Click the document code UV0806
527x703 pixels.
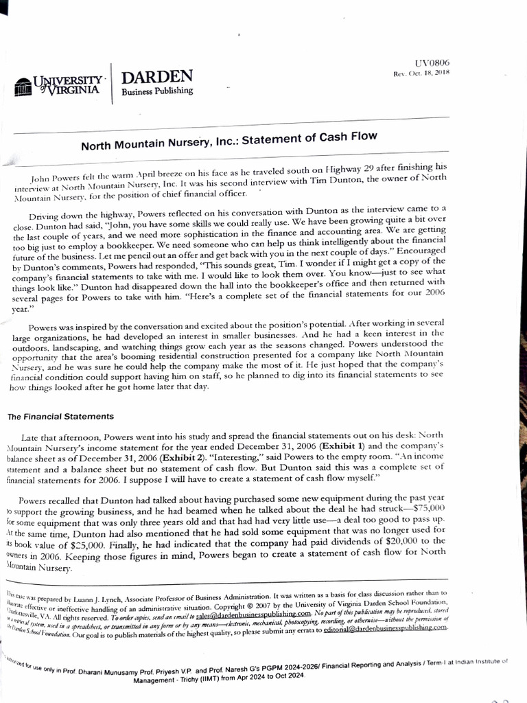pos(434,63)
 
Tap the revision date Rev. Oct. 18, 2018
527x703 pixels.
pos(421,73)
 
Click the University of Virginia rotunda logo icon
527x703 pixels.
pos(23,86)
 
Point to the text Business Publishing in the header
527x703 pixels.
pos(157,90)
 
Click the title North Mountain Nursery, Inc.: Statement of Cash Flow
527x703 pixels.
pos(229,141)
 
